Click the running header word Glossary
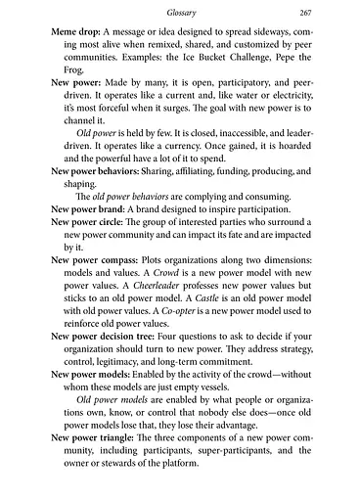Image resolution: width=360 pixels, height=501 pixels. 180,12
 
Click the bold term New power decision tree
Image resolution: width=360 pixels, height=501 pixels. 99,376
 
